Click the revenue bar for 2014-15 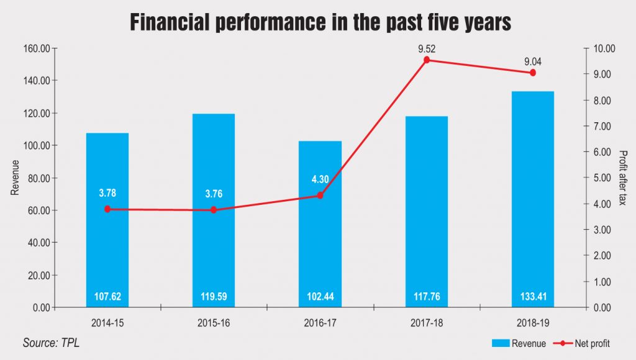click(x=107, y=248)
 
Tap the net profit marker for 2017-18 click(x=427, y=60)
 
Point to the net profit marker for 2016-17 click(x=320, y=195)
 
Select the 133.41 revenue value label click(x=533, y=297)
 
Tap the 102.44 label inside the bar click(x=320, y=297)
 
